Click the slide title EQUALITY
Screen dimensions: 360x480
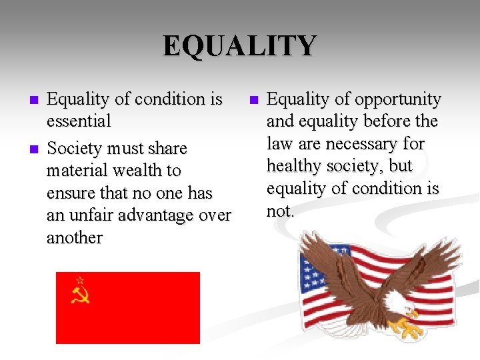(x=239, y=46)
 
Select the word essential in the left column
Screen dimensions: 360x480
(x=79, y=121)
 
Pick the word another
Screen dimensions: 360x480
(x=75, y=238)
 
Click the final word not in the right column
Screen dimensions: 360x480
(x=279, y=211)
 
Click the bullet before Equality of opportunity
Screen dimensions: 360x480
(x=253, y=101)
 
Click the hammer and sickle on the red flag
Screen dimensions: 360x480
(x=80, y=294)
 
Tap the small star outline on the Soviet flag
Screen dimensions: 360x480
(x=80, y=280)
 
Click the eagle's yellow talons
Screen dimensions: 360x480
(x=401, y=327)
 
